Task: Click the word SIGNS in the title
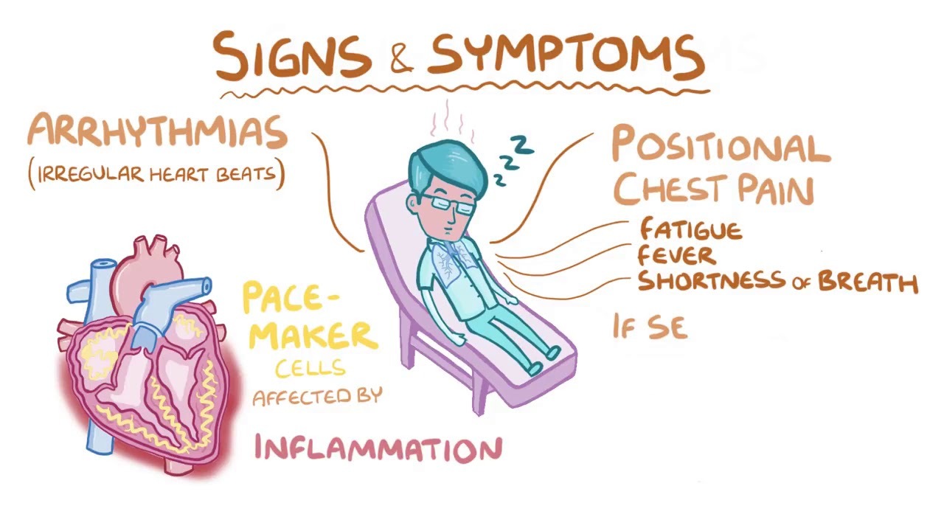click(292, 55)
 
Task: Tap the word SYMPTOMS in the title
click(565, 55)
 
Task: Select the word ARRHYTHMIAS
click(157, 133)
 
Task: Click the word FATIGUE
click(690, 229)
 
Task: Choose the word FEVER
click(676, 256)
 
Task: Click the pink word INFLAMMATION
click(378, 448)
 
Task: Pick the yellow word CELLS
click(310, 367)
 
